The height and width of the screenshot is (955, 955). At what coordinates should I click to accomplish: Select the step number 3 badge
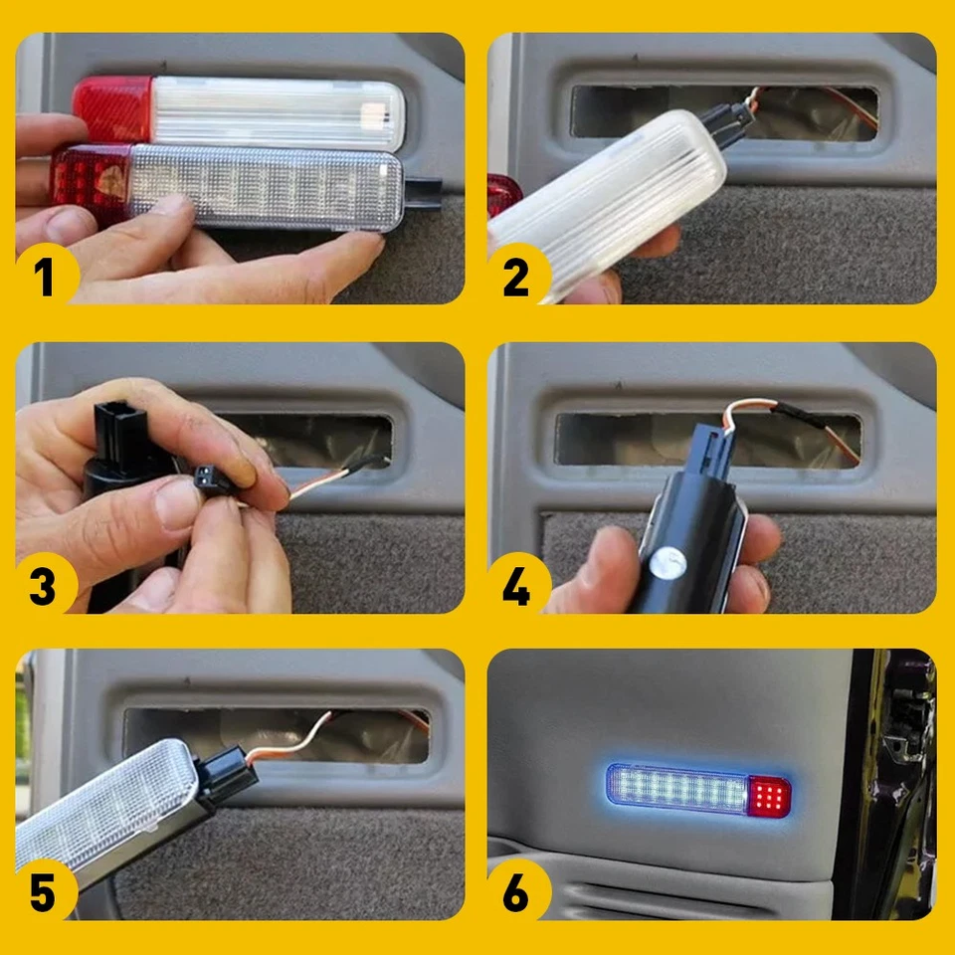46,586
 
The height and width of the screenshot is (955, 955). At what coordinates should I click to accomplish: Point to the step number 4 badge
517,586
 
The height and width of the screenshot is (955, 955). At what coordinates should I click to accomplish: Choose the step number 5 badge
46,892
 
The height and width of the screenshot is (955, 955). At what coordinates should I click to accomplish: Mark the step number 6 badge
517,892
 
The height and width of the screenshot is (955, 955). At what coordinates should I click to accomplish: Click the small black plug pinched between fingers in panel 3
212,479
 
